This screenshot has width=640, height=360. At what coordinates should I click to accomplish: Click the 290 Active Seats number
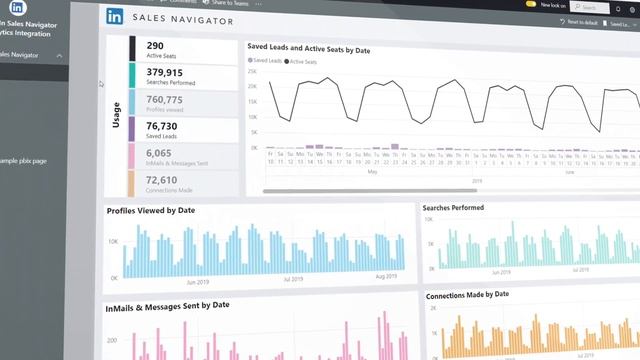[155, 45]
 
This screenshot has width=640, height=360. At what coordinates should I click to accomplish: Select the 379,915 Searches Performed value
[164, 72]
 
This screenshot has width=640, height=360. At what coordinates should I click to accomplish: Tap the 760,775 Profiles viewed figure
[164, 99]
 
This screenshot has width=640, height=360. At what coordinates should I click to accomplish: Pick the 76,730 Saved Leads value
[161, 126]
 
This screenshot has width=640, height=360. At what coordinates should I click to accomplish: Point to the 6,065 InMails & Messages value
[158, 153]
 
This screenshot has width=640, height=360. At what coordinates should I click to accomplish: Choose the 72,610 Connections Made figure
[161, 180]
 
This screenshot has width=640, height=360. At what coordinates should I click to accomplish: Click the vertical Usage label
[116, 112]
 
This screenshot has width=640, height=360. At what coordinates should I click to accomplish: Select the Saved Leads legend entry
[267, 61]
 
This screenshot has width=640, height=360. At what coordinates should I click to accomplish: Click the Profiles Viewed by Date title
[151, 211]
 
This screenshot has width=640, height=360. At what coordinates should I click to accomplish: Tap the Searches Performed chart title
[453, 208]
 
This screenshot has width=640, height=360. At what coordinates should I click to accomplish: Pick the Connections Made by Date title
[467, 295]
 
